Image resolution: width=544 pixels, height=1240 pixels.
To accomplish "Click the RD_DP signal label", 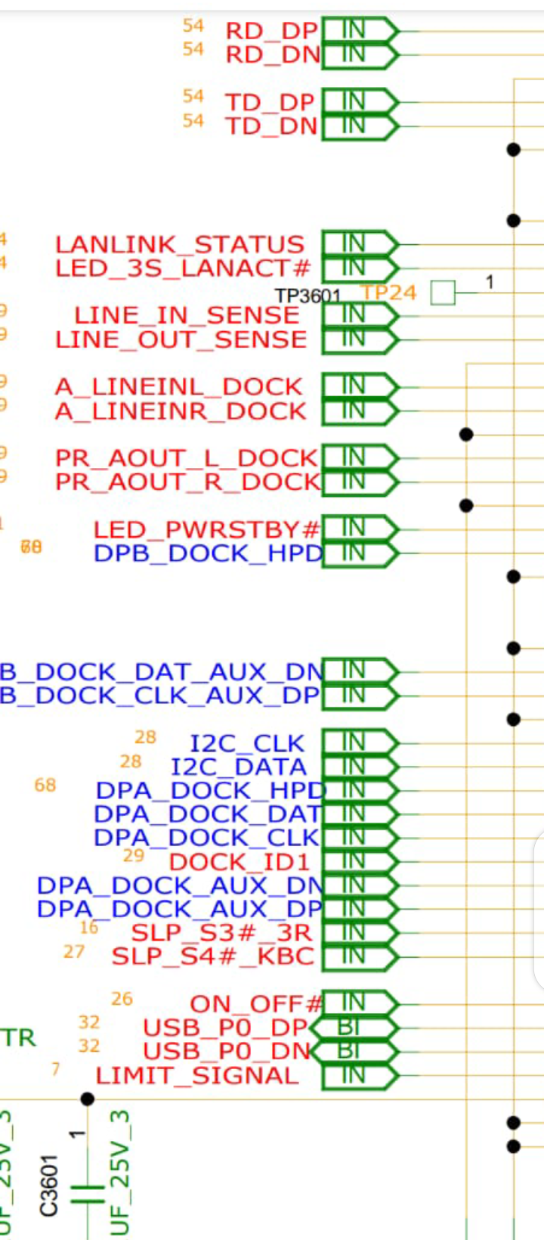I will coord(271,31).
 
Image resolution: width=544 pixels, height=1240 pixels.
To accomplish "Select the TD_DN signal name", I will coord(271,126).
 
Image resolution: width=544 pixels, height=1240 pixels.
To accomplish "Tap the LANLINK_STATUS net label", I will coord(180,244).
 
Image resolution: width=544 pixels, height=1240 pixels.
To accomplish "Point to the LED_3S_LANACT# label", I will coord(183,268).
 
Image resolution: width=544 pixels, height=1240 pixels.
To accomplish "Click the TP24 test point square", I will coord(444,292).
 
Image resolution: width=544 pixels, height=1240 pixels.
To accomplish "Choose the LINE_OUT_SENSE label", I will coord(181,339).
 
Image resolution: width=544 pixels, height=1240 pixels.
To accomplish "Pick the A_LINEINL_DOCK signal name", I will coord(179,386).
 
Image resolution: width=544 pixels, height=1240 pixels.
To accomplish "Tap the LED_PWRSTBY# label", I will coord(206,529).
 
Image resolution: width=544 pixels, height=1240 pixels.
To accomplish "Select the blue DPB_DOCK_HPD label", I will coord(209,553).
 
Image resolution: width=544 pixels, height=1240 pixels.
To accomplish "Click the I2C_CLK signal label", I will coord(247,743).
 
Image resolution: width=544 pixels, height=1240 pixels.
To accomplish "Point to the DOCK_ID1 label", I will coord(240,862).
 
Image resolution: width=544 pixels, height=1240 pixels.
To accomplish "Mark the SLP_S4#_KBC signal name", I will coord(213,956).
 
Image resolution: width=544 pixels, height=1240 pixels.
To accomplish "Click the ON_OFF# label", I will coord(256,1004).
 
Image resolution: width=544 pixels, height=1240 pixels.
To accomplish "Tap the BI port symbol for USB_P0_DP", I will coord(354,1028).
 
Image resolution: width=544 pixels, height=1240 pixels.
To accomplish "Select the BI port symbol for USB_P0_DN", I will coord(354,1051).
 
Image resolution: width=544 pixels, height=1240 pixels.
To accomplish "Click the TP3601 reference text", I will coord(308,296).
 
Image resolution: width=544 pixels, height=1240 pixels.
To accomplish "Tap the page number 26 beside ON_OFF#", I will coord(122,999).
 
